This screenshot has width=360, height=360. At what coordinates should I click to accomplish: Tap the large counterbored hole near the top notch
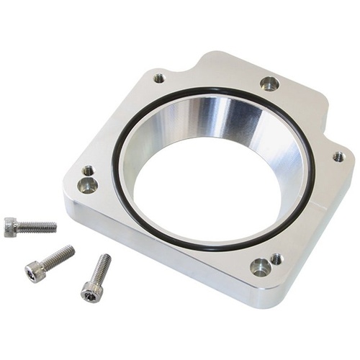pos(269,84)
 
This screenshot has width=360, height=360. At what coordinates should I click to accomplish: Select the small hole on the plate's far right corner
pos(338,156)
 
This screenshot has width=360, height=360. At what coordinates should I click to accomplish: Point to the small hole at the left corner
pos(88,171)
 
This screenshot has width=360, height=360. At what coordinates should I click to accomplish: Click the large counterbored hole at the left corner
pos(87,186)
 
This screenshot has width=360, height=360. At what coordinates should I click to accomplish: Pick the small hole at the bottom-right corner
pos(276,258)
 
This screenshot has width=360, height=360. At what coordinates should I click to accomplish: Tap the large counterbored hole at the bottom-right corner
pos(260,268)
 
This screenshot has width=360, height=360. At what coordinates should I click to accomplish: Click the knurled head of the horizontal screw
pos(11,228)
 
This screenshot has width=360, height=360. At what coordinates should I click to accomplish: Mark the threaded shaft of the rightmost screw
pos(102,267)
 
